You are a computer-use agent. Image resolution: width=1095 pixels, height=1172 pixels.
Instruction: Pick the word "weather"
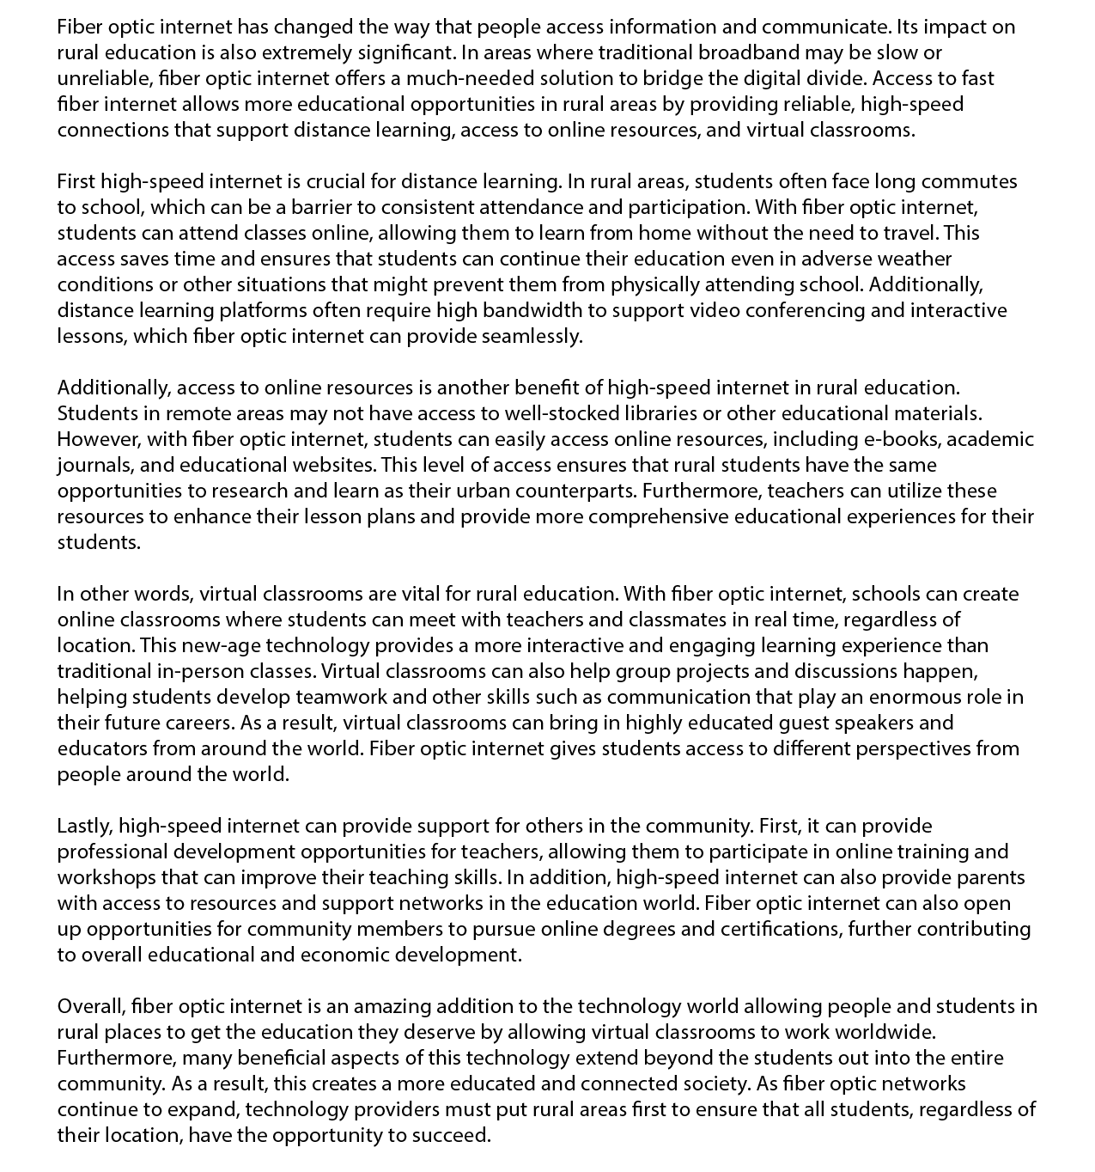click(x=914, y=259)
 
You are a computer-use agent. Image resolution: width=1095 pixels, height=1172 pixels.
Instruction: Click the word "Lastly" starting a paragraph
click(x=83, y=826)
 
